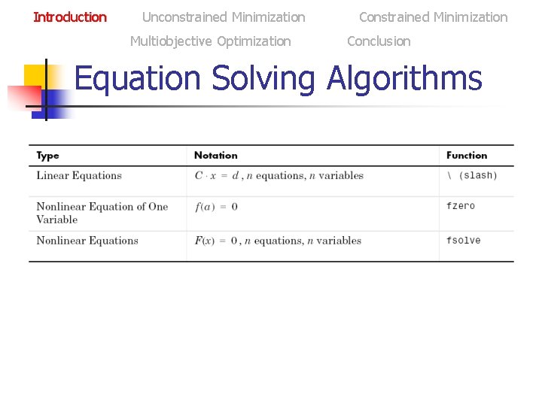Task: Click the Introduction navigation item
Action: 70,17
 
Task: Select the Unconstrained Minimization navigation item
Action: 224,17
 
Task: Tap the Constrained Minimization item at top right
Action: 433,17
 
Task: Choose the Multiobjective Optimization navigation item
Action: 210,41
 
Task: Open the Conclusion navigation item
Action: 379,41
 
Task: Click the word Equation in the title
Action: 138,78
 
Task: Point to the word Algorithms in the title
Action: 404,78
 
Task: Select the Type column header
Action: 48,156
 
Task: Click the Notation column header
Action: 215,156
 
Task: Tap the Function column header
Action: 467,156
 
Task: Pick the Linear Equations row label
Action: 79,176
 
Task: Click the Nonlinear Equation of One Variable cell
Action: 102,213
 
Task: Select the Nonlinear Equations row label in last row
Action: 87,241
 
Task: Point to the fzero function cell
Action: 461,206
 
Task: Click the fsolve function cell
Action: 463,241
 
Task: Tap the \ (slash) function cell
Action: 472,176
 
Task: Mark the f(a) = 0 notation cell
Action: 216,207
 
